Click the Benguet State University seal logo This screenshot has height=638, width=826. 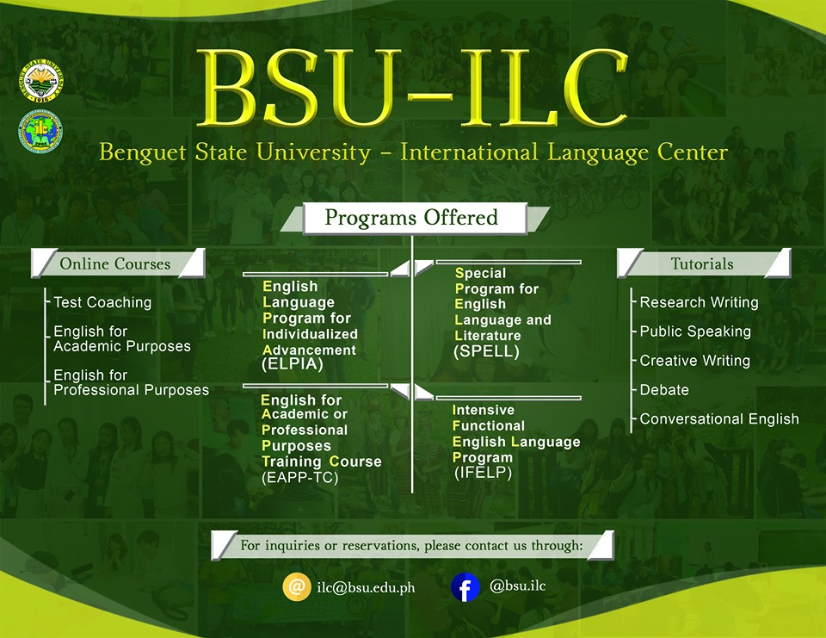41,81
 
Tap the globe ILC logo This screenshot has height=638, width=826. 40,131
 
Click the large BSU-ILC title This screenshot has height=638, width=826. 412,88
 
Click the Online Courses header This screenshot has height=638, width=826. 118,263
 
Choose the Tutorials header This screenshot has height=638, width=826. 704,263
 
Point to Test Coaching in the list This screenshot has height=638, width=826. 102,302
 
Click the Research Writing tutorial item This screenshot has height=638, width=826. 699,302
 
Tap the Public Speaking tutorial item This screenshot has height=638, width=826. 695,331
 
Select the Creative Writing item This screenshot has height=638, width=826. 695,361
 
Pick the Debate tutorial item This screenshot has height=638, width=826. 664,390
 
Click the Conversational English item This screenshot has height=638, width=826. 719,418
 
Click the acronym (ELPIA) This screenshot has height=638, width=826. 293,364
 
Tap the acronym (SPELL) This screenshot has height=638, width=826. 486,351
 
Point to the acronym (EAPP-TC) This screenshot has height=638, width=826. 299,477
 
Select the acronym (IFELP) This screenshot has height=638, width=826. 483,473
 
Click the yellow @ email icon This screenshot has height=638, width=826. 297,587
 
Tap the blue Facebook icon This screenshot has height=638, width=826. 465,587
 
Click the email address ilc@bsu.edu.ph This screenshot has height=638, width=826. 367,587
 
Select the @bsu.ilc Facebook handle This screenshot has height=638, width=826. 517,585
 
